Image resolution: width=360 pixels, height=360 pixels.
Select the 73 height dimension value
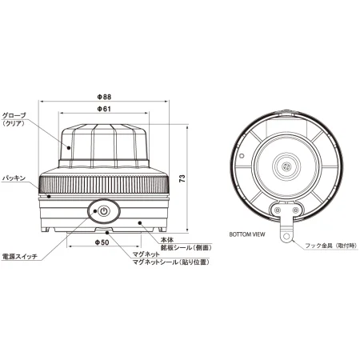coord(183,179)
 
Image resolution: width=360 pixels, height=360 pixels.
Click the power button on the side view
coord(103,212)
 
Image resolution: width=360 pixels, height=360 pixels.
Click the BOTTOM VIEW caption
coord(246,236)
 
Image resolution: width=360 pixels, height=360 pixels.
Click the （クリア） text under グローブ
coord(15,126)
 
